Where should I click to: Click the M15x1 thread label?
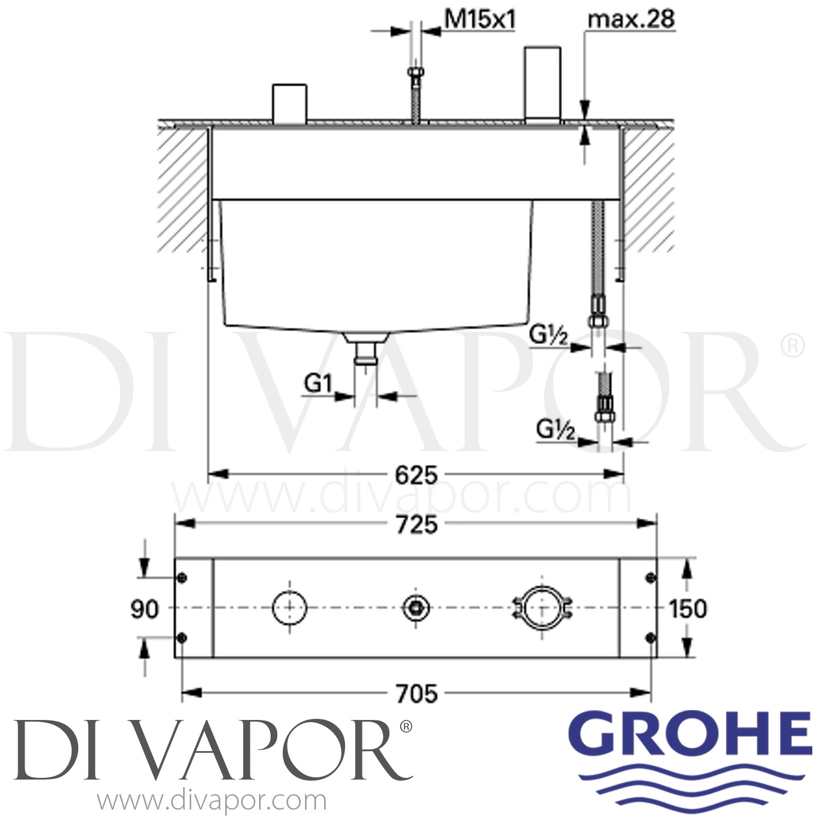point(479,20)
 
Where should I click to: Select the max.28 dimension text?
point(630,20)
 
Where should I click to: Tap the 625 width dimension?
point(416,475)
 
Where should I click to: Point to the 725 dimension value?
point(416,524)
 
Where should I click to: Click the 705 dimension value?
point(416,694)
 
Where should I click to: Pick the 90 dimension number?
point(144,609)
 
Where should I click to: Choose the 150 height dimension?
point(688,609)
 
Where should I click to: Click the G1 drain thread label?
point(318,384)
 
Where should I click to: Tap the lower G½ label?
point(555,430)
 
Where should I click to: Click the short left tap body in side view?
point(289,102)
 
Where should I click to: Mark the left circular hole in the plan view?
point(289,608)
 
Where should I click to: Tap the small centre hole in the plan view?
point(416,608)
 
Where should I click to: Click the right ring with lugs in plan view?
point(542,608)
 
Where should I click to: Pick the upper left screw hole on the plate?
point(183,578)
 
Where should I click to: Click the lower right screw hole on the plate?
point(650,637)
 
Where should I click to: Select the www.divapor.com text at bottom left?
point(212,801)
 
